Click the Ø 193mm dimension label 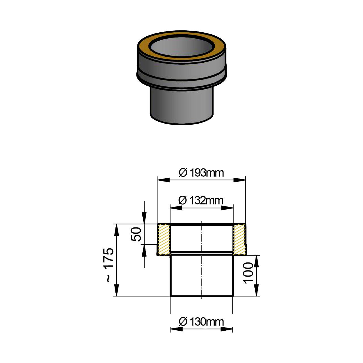pyautogui.click(x=201, y=173)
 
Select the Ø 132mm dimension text pyautogui.click(x=201, y=201)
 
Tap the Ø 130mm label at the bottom pyautogui.click(x=201, y=322)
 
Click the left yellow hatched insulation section pyautogui.click(x=164, y=239)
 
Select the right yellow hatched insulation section pyautogui.click(x=239, y=239)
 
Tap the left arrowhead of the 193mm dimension pyautogui.click(x=164, y=180)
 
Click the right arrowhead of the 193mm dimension pyautogui.click(x=240, y=180)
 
